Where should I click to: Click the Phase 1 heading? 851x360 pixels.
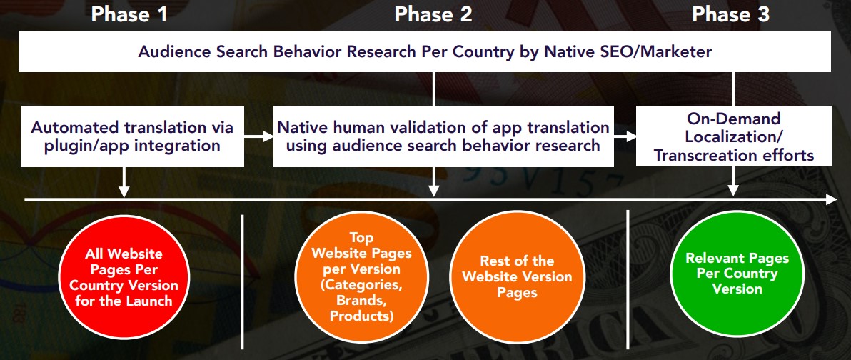coord(129,14)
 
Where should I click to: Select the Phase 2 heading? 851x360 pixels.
coord(433,14)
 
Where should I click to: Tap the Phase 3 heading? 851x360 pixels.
coord(731,14)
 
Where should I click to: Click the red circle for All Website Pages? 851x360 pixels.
coord(124,277)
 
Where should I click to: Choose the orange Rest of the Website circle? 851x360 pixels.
coord(516,276)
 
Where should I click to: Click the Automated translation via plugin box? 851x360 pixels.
coord(131,136)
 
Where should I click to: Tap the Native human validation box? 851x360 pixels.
coord(443,136)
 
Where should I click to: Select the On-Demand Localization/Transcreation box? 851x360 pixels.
coord(734,136)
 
